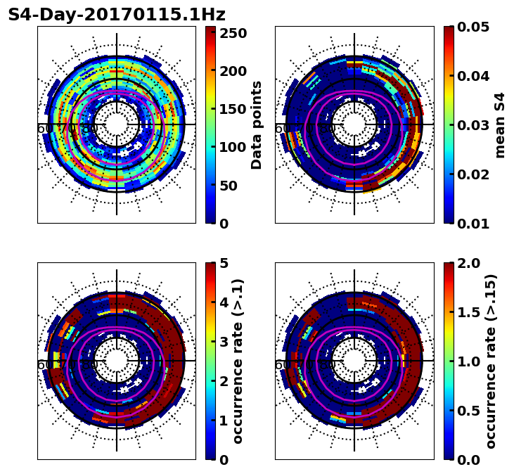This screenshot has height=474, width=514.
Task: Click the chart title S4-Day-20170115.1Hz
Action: (x=117, y=15)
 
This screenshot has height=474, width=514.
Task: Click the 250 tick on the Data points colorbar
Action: (x=232, y=34)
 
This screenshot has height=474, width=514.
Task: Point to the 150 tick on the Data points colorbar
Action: (x=232, y=109)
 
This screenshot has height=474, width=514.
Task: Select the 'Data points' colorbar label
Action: (x=257, y=124)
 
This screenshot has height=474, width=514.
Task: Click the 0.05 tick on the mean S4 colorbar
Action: (x=474, y=27)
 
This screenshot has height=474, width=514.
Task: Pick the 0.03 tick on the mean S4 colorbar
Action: (x=474, y=125)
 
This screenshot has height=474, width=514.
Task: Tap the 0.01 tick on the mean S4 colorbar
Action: (x=474, y=224)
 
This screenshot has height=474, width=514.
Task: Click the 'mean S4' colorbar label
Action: (x=500, y=124)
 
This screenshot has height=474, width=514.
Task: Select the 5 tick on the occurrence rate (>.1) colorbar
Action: (x=224, y=263)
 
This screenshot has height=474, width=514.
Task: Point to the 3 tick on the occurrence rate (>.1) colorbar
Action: (x=224, y=342)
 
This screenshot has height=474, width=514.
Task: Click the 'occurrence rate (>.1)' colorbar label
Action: (x=238, y=361)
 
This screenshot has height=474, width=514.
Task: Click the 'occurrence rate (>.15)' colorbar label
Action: (x=491, y=361)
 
